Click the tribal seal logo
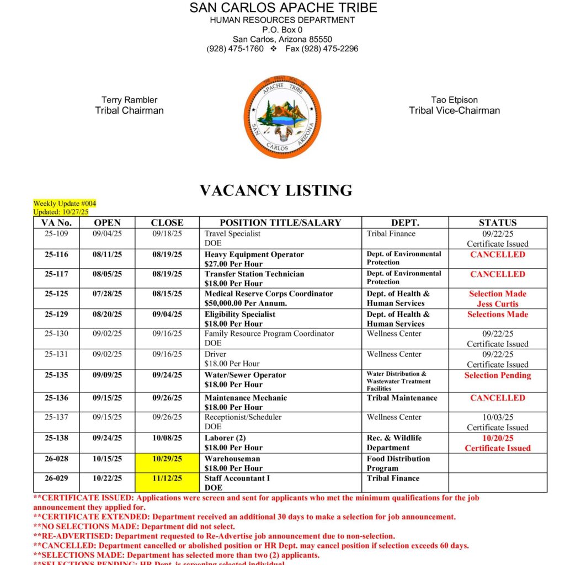pyautogui.click(x=282, y=117)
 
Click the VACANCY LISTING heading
pyautogui.click(x=276, y=190)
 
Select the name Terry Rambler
pyautogui.click(x=129, y=100)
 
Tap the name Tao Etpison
pyautogui.click(x=454, y=100)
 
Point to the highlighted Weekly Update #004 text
pyautogui.click(x=65, y=204)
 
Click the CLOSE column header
pyautogui.click(x=167, y=223)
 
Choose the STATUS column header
pyautogui.click(x=497, y=223)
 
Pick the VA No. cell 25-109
pyautogui.click(x=56, y=234)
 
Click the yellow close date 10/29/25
pyautogui.click(x=167, y=459)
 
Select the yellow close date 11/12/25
pyautogui.click(x=167, y=478)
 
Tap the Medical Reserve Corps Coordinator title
pyautogui.click(x=269, y=294)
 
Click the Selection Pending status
pyautogui.click(x=497, y=375)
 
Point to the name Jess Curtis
pyautogui.click(x=497, y=304)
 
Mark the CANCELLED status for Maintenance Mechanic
pyautogui.click(x=497, y=398)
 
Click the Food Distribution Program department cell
pyautogui.click(x=398, y=463)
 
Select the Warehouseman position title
pyautogui.click(x=232, y=459)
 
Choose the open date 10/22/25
pyautogui.click(x=107, y=478)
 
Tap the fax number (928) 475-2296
pyautogui.click(x=322, y=49)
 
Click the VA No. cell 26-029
pyautogui.click(x=56, y=478)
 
